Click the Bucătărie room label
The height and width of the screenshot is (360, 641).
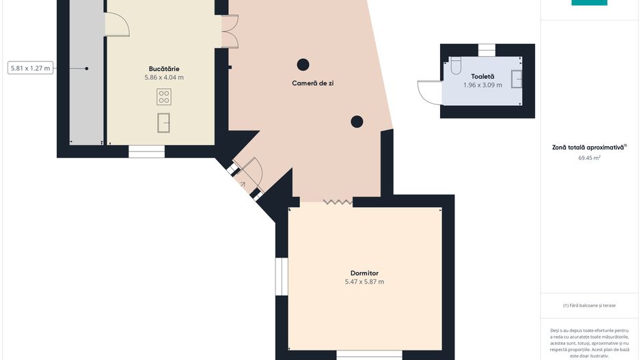coord(164,68)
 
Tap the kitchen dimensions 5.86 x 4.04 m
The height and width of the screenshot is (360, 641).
coord(164,77)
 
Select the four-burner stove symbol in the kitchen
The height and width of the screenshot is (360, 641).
coord(164,97)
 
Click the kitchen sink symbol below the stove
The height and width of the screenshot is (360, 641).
coord(163,123)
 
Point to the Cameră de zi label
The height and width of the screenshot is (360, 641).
coord(313,83)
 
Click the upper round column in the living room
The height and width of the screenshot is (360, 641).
coord(303,65)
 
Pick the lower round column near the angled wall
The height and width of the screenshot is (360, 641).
coord(357,122)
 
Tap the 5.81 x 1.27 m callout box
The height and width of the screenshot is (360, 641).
coord(30,68)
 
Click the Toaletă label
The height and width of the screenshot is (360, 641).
coord(482,77)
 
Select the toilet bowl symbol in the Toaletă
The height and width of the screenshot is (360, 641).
coord(456,66)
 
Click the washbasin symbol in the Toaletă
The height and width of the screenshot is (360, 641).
coord(517,79)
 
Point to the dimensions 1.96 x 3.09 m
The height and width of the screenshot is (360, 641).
coord(482,85)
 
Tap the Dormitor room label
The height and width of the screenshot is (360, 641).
coord(364,273)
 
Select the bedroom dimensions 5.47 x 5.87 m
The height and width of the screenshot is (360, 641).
coord(364,281)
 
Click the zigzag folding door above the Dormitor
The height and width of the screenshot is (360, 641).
coord(338,202)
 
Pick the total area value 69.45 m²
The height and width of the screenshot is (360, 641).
coord(589,157)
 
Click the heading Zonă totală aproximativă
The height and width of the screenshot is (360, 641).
coord(588,147)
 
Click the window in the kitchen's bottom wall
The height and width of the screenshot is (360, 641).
coord(146,152)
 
